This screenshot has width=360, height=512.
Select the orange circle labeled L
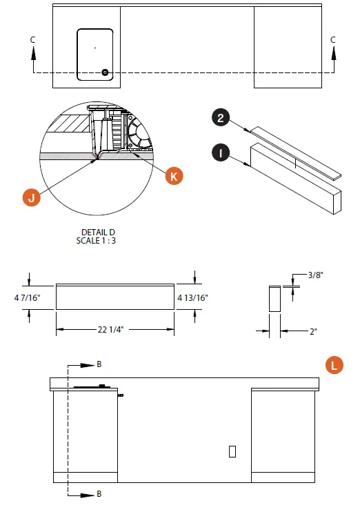point(334,365)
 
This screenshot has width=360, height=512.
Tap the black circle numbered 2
point(220,119)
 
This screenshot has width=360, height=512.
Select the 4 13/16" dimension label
point(193,297)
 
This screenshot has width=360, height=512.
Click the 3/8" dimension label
point(314,275)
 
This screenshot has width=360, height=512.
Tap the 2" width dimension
point(312,331)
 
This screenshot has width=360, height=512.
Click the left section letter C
point(32,40)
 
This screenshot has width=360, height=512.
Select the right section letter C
point(333,40)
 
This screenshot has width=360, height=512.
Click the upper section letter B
point(99,364)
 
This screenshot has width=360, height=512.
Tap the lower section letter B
point(99,494)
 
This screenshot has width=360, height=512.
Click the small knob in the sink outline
point(105,72)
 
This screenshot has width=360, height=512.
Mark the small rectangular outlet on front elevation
point(232,451)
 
